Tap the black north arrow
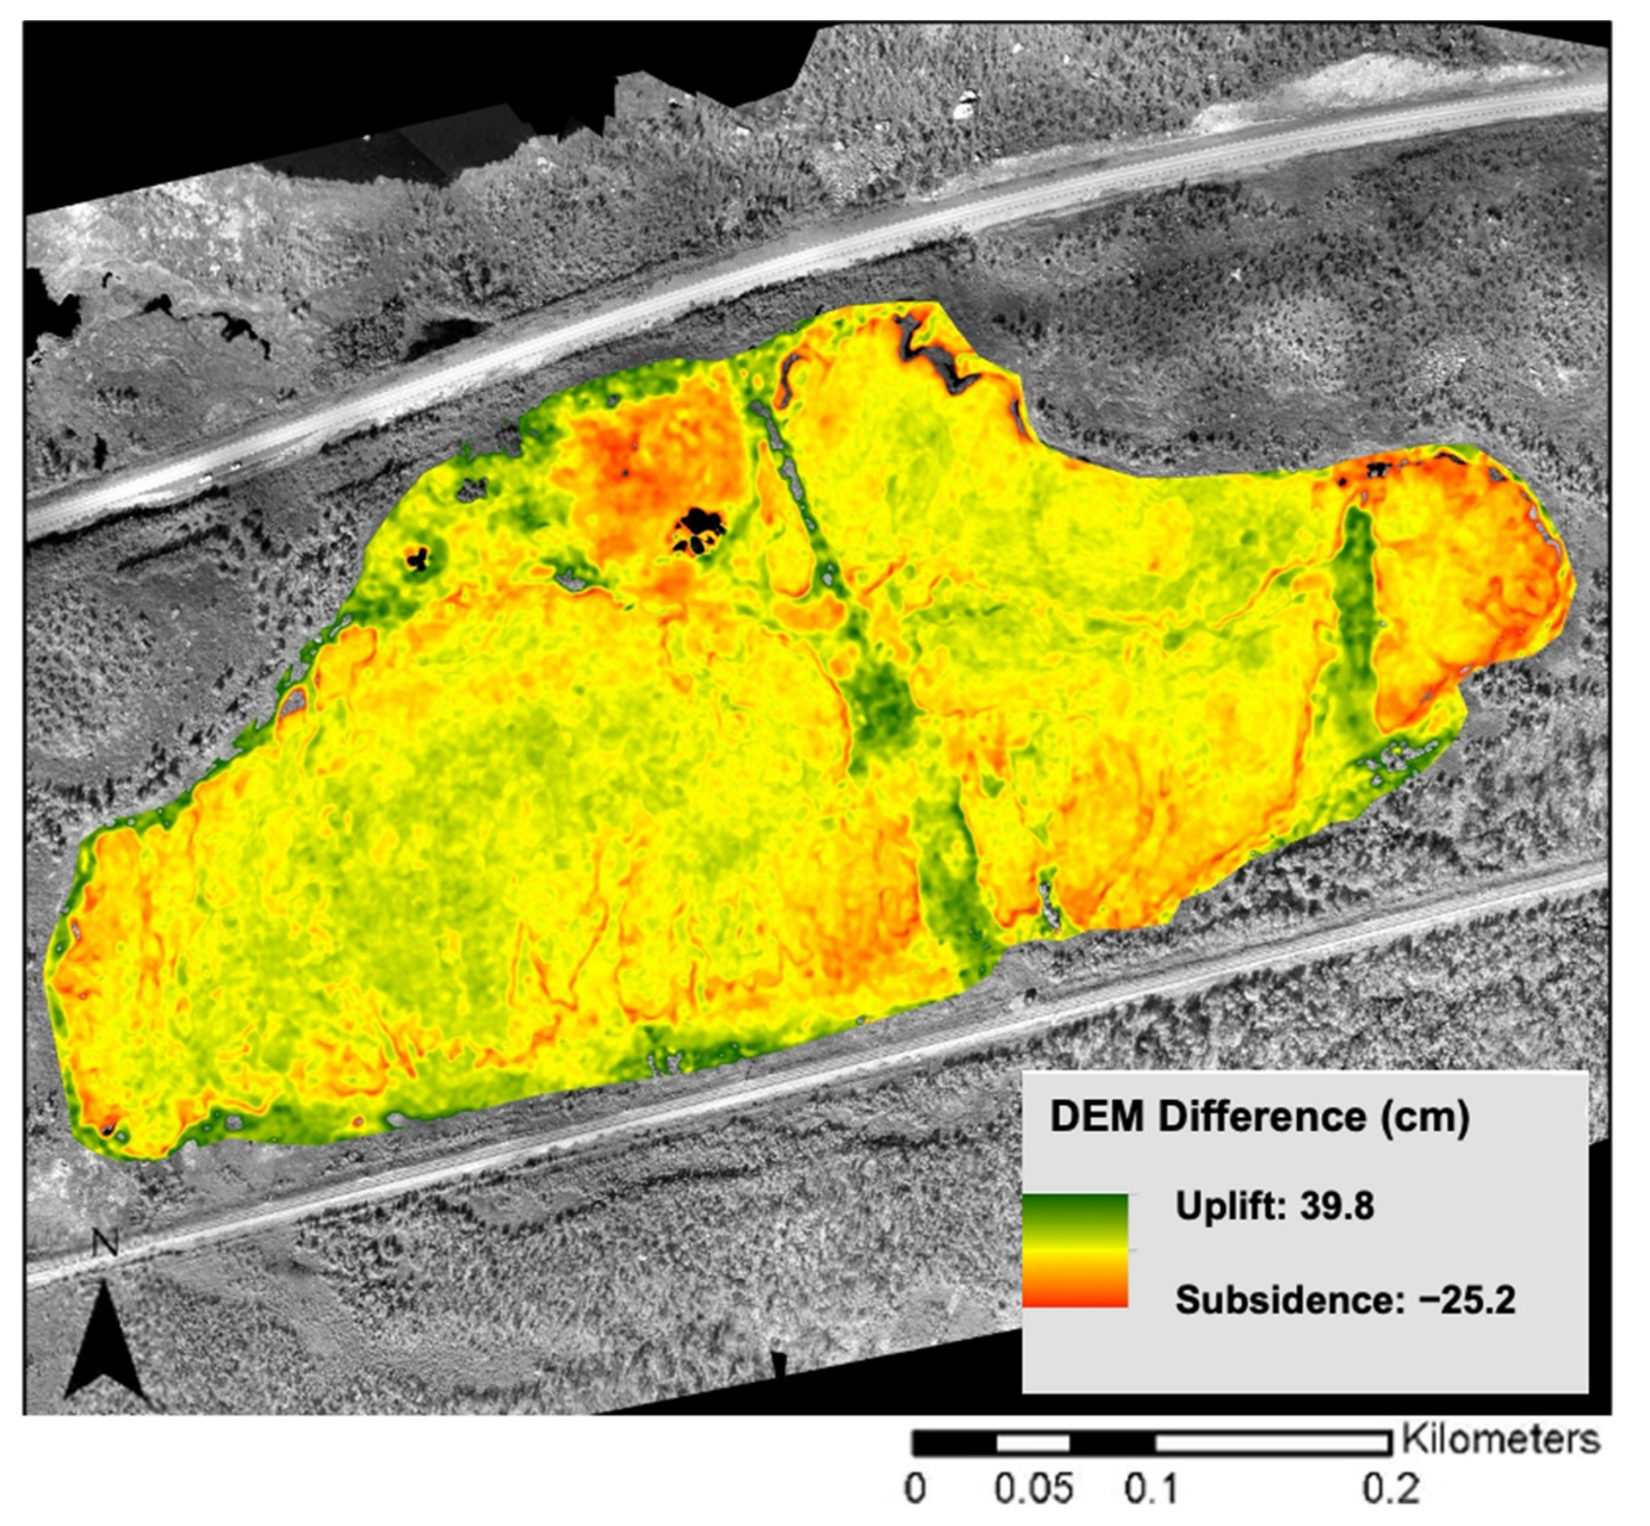pos(108,1342)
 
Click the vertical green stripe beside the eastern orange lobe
pos(1355,628)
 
